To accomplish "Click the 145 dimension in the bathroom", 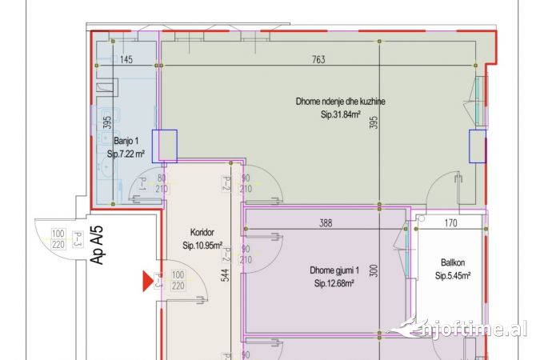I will (126, 60).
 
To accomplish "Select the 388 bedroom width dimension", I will (326, 224).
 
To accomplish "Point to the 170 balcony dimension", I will (450, 224).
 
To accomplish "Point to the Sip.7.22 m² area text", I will (126, 153).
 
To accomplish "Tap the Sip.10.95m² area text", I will (202, 246).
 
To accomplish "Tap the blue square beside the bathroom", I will (164, 146).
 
